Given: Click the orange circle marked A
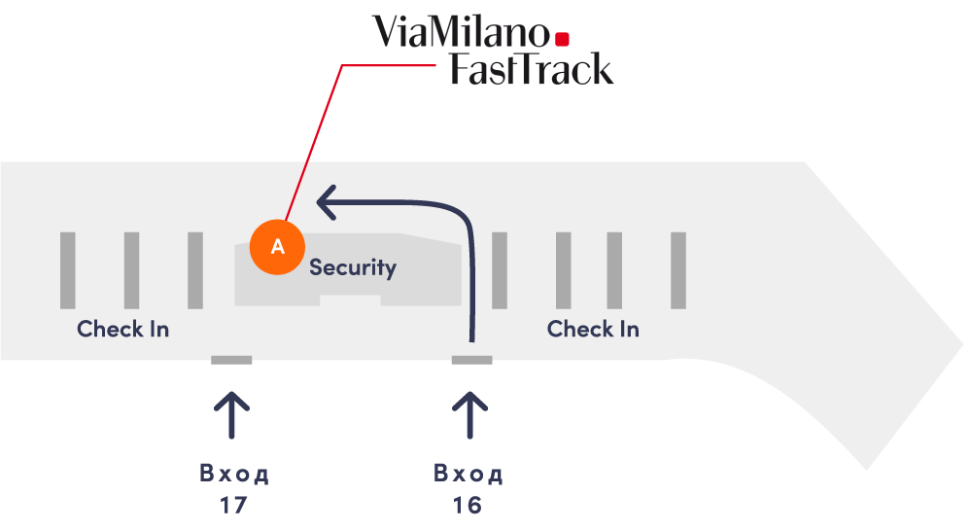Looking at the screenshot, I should pos(277,246).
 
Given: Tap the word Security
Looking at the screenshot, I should pos(352,266).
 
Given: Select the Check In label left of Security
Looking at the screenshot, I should pos(123,329).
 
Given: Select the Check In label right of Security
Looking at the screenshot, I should pos(593,329).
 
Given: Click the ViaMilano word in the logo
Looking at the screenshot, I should pos(462,32).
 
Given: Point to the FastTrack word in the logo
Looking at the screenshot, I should pos(531,69).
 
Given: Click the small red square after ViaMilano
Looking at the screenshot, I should pos(562,39).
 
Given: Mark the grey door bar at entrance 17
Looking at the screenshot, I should pos(231,360).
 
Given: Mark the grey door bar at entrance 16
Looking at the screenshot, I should pos(471,360).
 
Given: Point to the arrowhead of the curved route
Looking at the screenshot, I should pos(329,203).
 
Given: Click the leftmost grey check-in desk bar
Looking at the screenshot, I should pos(67,270).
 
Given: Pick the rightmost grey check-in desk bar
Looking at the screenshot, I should pos(678,270).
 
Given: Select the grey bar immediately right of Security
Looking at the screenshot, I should pos(500,270).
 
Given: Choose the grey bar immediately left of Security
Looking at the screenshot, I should pos(195,270).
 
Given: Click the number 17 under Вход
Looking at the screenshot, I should pos(234,506).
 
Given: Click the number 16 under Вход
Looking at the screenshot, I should pos(468,506).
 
